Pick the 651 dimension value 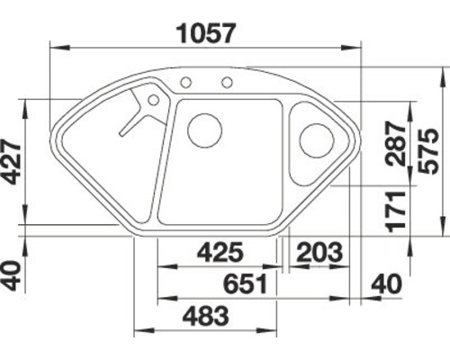(x=243, y=284)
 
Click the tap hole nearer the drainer (x=186, y=83)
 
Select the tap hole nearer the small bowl (x=227, y=84)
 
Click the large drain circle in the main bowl (x=204, y=130)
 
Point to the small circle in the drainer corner (x=153, y=100)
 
